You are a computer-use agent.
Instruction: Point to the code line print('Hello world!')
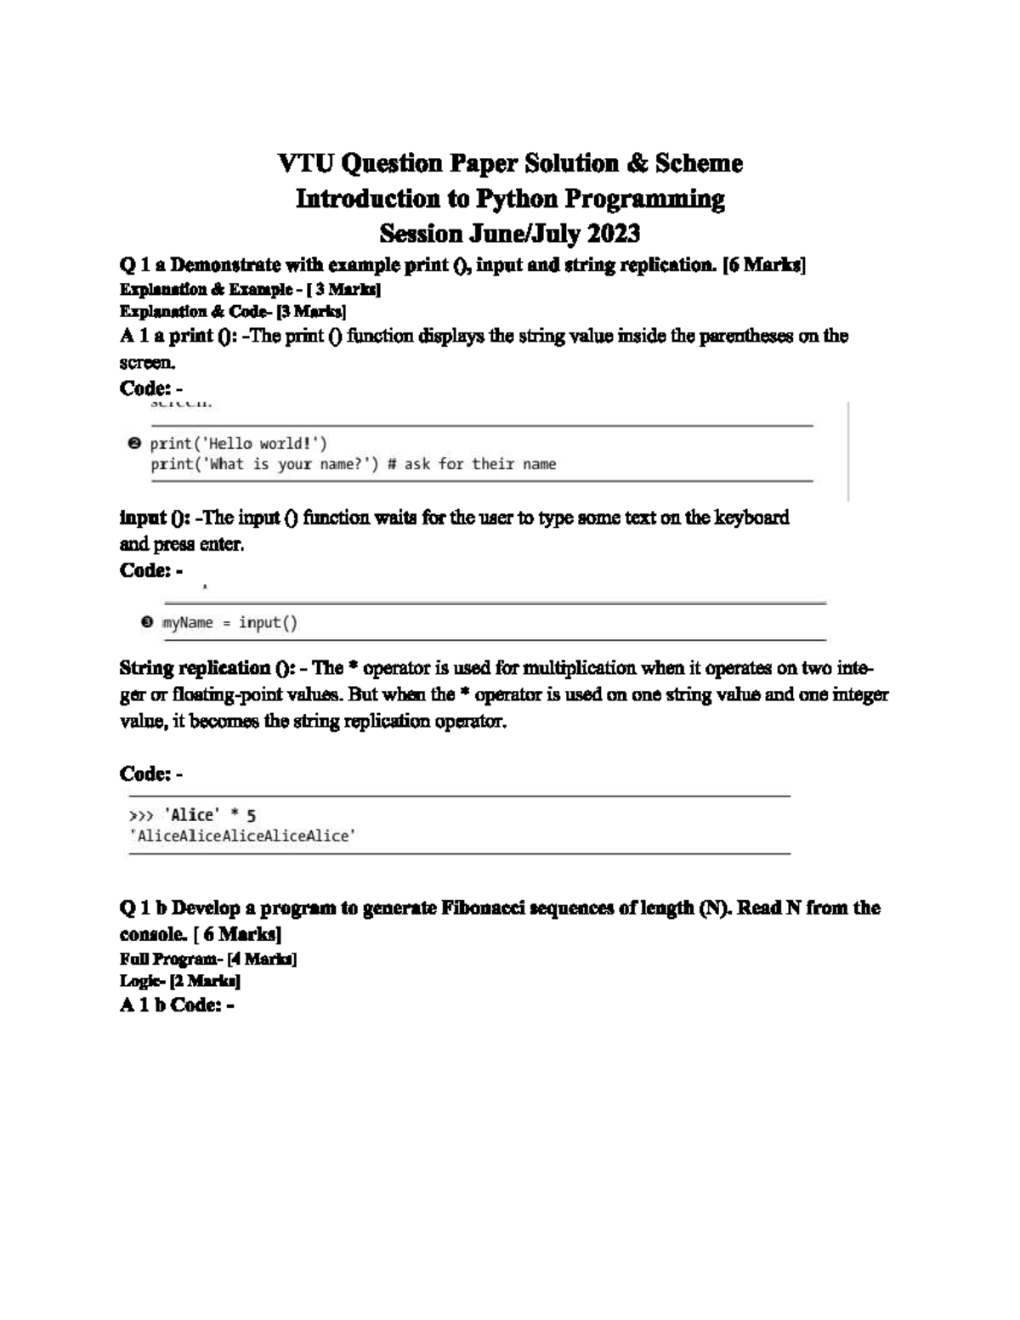pos(238,443)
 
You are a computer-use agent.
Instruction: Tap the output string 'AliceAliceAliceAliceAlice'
pos(241,836)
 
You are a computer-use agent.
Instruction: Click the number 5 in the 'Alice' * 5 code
pos(251,815)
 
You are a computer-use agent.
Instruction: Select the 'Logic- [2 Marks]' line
pos(180,981)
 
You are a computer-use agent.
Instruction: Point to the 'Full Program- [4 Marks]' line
pos(208,959)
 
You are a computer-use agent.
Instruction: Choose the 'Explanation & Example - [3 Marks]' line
pos(250,289)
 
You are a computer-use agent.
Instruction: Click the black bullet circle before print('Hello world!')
pos(133,443)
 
